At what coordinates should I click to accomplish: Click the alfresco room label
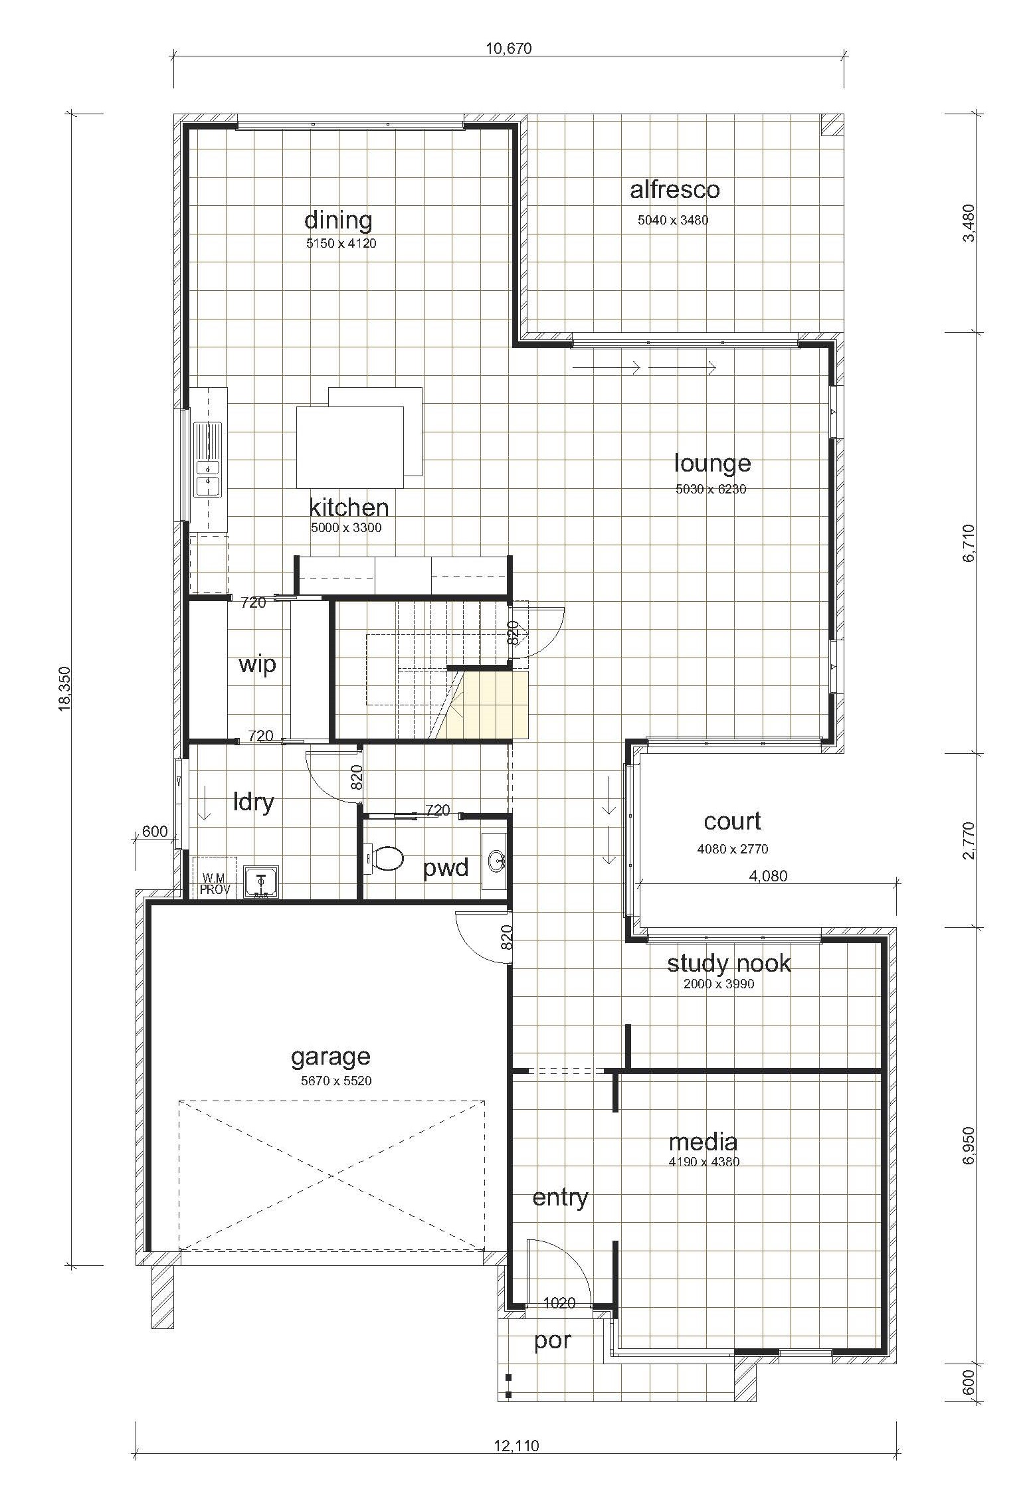click(674, 190)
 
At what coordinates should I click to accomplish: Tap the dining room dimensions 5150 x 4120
click(341, 244)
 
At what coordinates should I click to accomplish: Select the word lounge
click(712, 464)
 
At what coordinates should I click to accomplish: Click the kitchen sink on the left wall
click(207, 459)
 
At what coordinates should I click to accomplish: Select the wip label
click(257, 664)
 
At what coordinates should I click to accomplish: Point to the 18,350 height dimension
click(64, 689)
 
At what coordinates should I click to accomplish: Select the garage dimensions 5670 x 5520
click(336, 1081)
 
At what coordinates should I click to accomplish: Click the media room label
click(703, 1142)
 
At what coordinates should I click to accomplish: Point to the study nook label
click(729, 964)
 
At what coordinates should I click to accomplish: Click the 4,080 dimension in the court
click(769, 877)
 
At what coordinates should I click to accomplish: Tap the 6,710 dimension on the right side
click(969, 544)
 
